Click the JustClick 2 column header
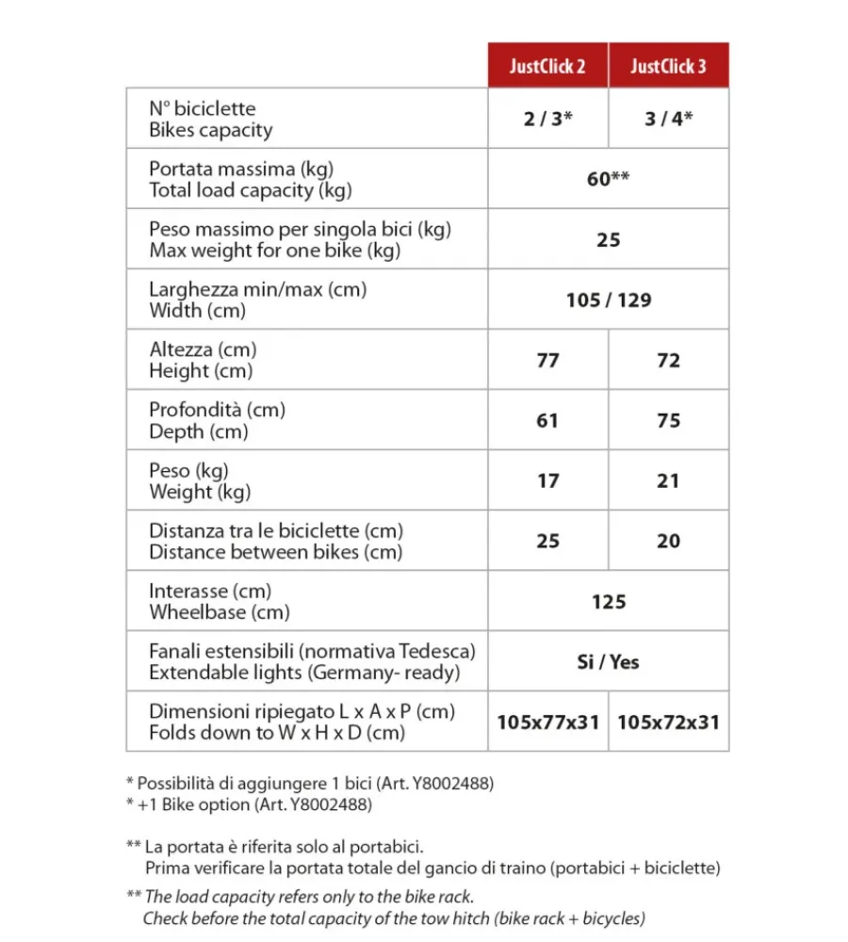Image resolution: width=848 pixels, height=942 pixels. click(x=547, y=66)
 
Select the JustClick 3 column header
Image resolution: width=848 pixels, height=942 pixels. click(x=668, y=66)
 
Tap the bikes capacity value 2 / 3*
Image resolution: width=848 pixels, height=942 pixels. click(x=547, y=120)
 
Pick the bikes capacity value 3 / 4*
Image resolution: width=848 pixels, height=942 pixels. click(x=668, y=120)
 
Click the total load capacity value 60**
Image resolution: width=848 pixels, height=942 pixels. click(x=608, y=179)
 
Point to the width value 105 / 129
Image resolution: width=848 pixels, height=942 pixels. click(x=608, y=300)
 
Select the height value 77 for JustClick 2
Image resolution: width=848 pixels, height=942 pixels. click(x=547, y=361)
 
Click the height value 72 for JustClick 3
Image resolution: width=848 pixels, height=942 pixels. click(x=668, y=361)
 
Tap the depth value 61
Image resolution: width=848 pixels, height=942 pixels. click(x=547, y=421)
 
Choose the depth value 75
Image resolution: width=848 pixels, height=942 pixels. click(x=668, y=421)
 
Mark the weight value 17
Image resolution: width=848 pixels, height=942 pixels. click(x=547, y=481)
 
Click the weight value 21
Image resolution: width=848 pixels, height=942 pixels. click(x=668, y=481)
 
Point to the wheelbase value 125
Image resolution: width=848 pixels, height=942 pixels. click(x=608, y=602)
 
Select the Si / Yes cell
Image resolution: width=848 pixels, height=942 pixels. click(x=608, y=662)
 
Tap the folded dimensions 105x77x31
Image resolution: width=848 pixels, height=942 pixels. click(x=547, y=723)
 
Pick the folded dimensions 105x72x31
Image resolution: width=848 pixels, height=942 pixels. click(x=668, y=723)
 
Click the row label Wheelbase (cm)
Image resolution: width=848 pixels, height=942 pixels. click(x=220, y=612)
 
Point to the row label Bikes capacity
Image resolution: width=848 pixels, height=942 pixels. click(x=211, y=130)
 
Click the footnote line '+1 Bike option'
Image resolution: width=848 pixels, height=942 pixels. click(x=249, y=805)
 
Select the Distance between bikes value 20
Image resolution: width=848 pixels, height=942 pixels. click(x=668, y=542)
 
